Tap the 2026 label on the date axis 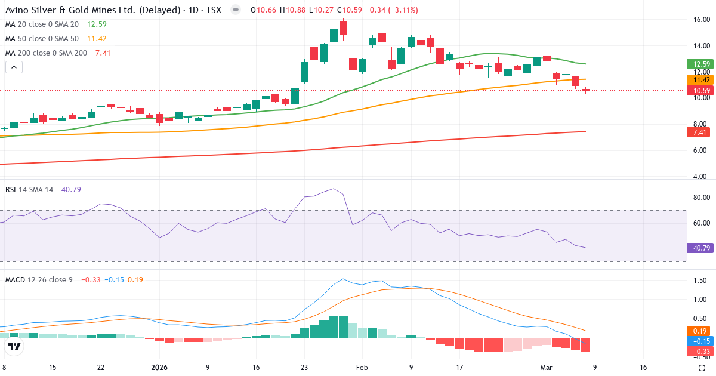[159, 368]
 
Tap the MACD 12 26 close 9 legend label [39, 279]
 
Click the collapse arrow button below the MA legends [14, 67]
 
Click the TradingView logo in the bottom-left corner [14, 346]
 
